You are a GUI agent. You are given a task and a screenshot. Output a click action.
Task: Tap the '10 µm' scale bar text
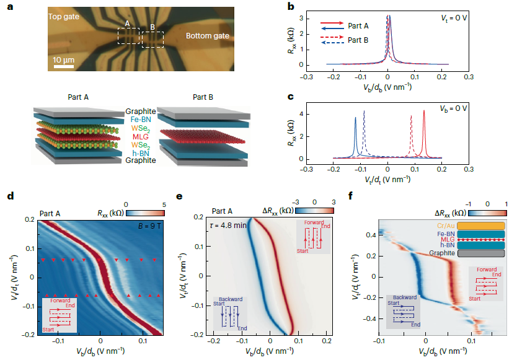(x=64, y=59)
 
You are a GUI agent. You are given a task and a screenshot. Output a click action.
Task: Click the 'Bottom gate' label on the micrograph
(x=208, y=36)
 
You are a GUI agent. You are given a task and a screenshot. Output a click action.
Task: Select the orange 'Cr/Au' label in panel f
(x=443, y=226)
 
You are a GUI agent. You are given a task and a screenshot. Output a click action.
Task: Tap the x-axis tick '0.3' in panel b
(x=469, y=77)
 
